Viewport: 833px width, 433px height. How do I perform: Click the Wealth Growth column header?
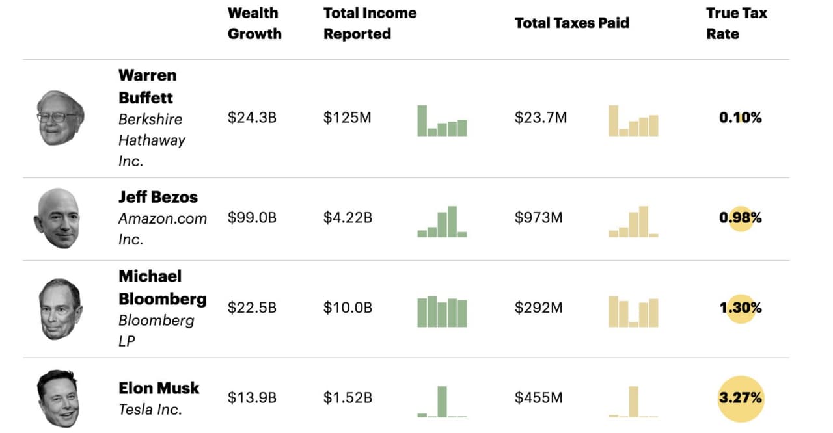254,23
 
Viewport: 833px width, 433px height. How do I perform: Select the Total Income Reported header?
370,23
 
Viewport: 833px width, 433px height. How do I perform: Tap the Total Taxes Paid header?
571,23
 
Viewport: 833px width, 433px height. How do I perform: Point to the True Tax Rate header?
736,23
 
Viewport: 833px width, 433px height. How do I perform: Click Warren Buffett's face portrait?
59,118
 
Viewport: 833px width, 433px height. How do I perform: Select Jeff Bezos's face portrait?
57,218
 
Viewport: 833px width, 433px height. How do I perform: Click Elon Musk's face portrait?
58,398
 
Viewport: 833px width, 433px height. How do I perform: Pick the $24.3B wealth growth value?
252,118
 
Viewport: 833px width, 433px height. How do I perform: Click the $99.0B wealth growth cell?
252,218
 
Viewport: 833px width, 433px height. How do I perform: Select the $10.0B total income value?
348,308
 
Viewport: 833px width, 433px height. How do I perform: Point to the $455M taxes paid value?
538,397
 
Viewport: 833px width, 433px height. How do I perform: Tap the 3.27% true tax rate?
741,397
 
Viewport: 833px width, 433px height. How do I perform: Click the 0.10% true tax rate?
741,118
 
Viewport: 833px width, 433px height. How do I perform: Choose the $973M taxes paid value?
538,218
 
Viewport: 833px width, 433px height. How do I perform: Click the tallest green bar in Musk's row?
442,401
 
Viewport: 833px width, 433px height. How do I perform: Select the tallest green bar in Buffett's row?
422,120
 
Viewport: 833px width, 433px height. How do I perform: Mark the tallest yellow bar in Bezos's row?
643,222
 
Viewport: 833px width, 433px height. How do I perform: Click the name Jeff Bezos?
158,197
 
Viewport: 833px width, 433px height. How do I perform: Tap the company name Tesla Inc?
150,410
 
